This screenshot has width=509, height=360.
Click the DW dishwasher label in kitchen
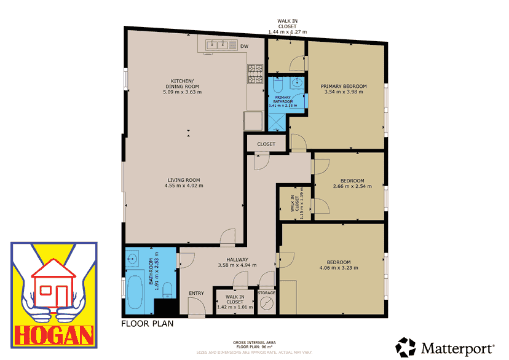click(x=244, y=46)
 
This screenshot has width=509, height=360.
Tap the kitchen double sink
click(x=217, y=44)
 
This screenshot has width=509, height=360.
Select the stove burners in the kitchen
click(x=254, y=74)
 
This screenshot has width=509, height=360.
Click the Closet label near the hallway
click(x=266, y=144)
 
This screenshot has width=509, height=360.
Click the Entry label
click(x=196, y=293)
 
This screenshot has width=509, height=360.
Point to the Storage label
click(x=267, y=293)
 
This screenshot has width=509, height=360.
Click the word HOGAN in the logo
click(x=53, y=335)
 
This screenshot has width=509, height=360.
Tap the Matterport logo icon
click(x=406, y=348)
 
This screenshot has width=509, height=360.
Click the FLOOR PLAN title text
click(x=147, y=323)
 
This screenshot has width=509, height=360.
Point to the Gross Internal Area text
click(x=254, y=342)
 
